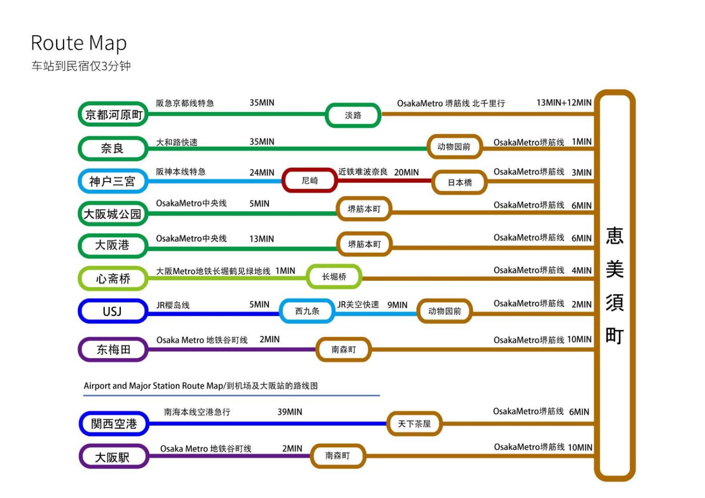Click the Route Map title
pos(79,43)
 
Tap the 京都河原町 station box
pos(113,115)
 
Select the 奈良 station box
pos(112,148)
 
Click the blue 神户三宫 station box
pos(112,181)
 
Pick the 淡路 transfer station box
pos(353,115)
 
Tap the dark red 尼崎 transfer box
pos(310,181)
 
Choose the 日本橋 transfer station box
pos(460,183)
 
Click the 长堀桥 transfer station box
pos(334,277)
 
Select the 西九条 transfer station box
pos(307,311)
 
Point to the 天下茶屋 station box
pos(414,424)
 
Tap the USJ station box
pos(112,311)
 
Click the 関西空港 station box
pos(114,424)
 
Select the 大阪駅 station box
pos(113,457)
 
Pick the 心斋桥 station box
pos(113,279)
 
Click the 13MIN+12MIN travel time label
pos(563,103)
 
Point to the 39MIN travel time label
pos(290,412)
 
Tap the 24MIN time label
pos(262,173)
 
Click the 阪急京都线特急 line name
pos(185,103)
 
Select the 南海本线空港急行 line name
pos(197,412)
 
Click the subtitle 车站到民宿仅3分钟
pos(81,66)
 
